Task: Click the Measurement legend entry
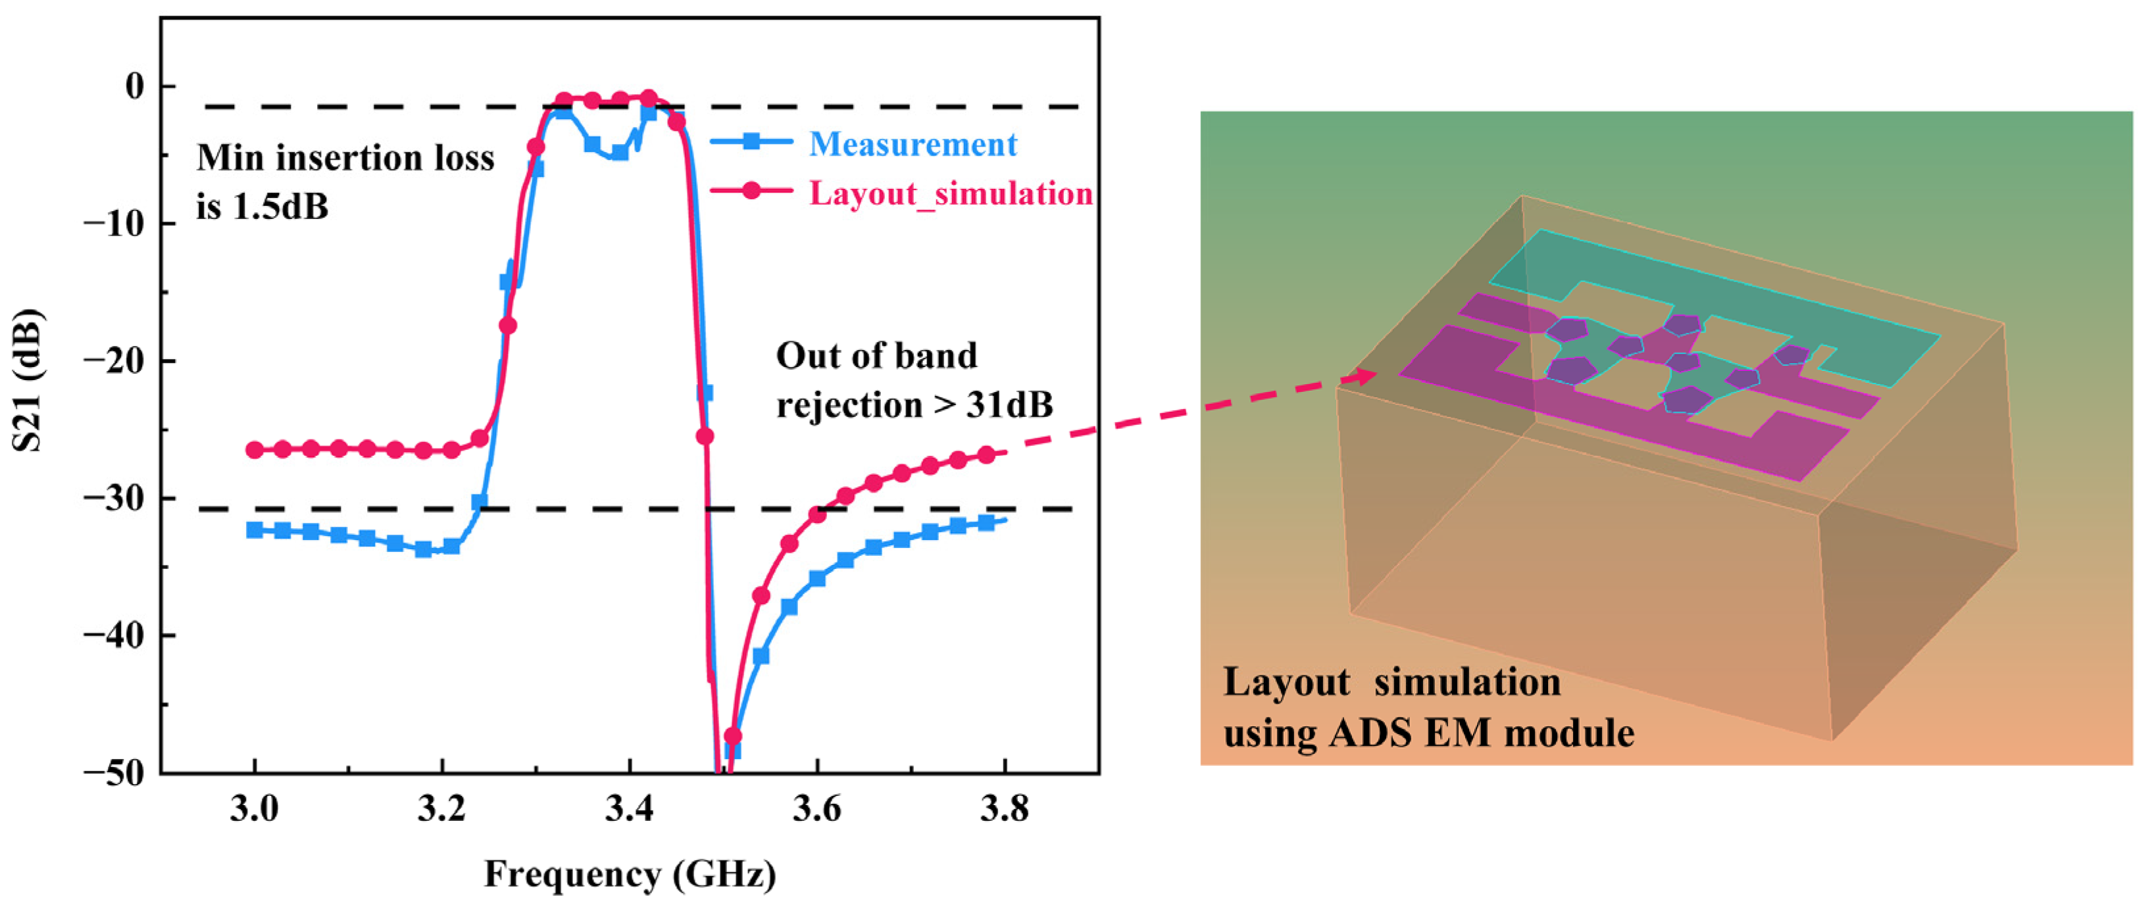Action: (x=913, y=145)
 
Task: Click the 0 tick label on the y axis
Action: (x=134, y=86)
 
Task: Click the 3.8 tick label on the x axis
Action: (x=1003, y=810)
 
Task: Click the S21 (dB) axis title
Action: (x=27, y=380)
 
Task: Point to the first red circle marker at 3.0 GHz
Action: (x=255, y=449)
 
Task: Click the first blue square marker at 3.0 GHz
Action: (x=255, y=529)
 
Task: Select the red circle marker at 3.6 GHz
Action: (x=818, y=514)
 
